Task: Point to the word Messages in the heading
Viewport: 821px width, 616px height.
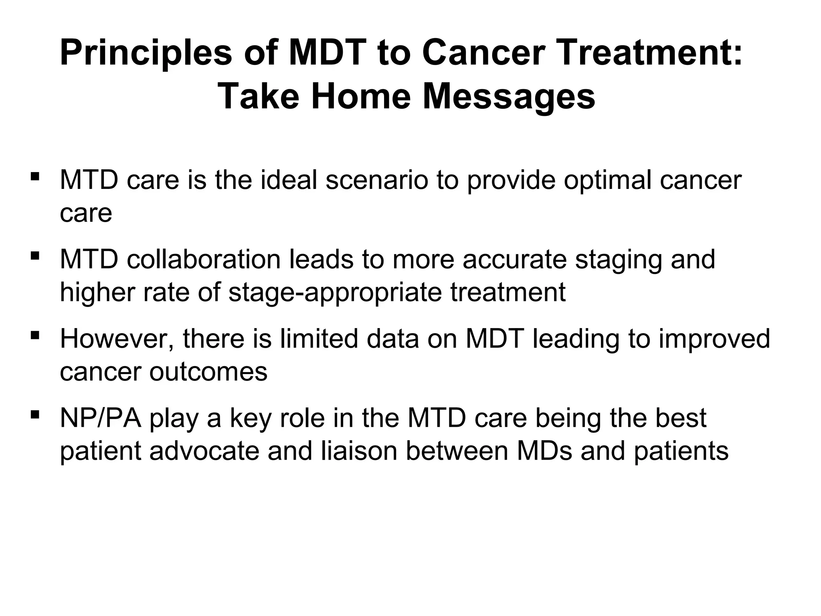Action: click(509, 98)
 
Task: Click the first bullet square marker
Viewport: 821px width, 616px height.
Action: click(35, 176)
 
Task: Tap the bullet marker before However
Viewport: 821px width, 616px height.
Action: click(35, 335)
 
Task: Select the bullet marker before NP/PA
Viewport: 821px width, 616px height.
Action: click(35, 414)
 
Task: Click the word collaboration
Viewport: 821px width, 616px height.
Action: click(203, 259)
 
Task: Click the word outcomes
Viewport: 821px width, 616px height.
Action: click(208, 372)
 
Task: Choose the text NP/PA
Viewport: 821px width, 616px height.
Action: click(100, 418)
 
